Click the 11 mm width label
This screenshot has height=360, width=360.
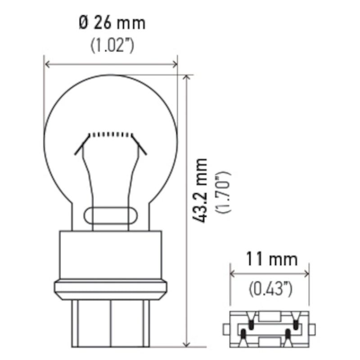271,260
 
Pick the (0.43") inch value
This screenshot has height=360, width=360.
271,288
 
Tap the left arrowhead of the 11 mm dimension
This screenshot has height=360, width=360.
232,273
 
